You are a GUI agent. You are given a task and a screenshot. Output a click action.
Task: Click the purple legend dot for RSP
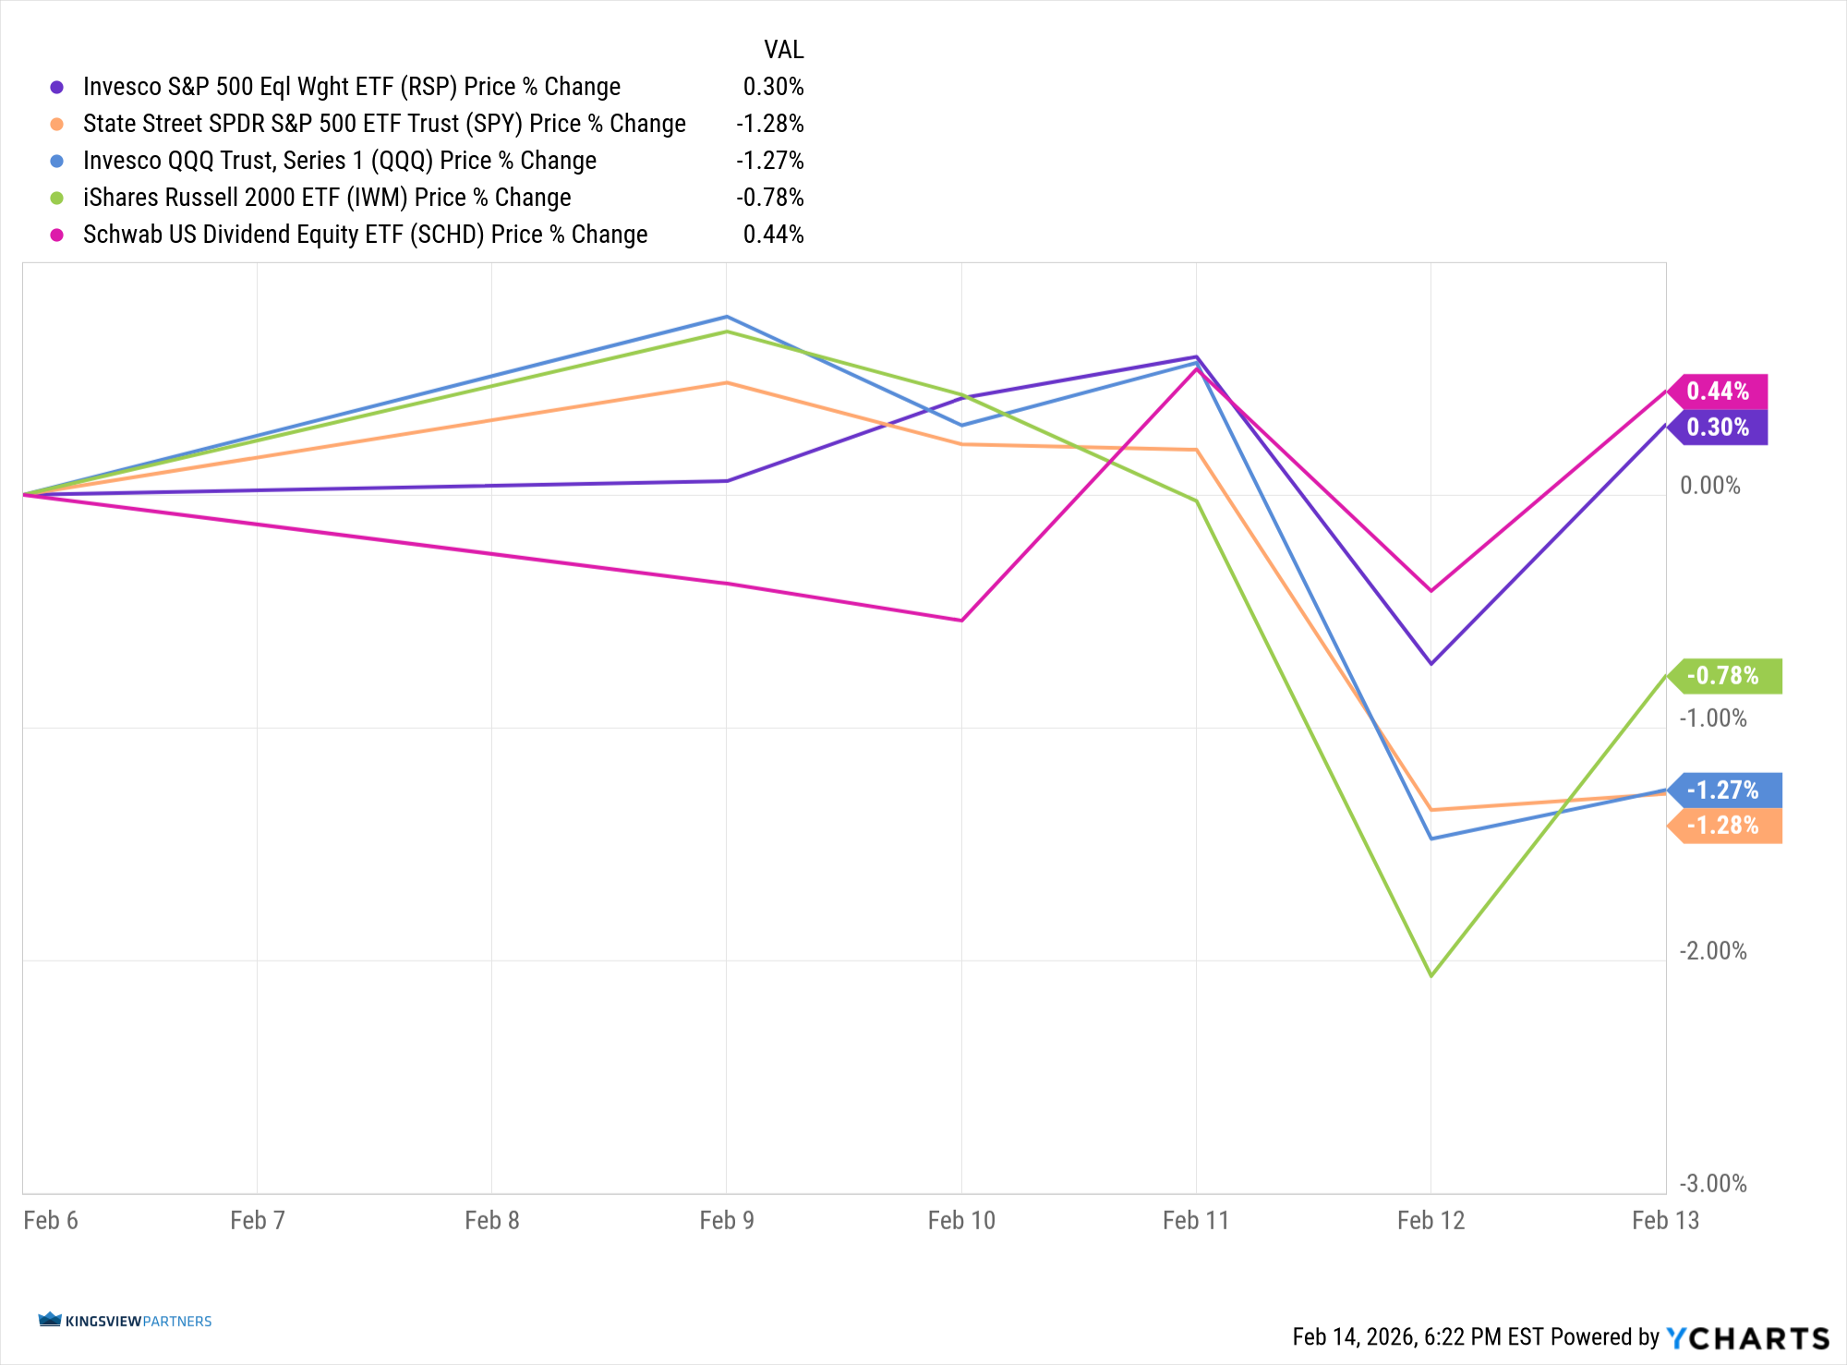tap(57, 87)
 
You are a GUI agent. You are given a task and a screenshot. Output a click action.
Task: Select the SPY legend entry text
tap(384, 124)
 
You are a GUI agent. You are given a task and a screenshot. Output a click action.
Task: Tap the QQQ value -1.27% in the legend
tap(769, 161)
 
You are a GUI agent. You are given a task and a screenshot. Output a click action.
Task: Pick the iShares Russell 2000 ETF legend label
tap(327, 198)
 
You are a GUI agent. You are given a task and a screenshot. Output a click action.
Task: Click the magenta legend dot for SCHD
tap(57, 235)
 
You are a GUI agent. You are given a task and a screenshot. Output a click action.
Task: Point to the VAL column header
tap(783, 50)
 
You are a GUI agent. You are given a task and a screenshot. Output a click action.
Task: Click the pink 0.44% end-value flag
tap(1719, 392)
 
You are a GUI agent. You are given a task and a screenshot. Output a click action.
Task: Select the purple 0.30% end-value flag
tap(1719, 428)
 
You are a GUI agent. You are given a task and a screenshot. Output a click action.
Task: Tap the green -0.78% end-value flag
tap(1724, 676)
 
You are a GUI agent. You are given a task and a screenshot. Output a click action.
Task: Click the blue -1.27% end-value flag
tap(1724, 791)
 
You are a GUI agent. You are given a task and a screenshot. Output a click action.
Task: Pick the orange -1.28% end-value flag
tap(1724, 826)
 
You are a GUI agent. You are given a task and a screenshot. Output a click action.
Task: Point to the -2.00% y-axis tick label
tap(1713, 951)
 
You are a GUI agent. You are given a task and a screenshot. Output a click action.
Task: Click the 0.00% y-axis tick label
tap(1710, 486)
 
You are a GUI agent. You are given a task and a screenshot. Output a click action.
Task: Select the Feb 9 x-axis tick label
tap(727, 1221)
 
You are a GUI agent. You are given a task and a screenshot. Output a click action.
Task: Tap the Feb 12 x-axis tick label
tap(1431, 1221)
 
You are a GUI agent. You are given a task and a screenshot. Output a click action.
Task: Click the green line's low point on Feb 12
tap(1431, 975)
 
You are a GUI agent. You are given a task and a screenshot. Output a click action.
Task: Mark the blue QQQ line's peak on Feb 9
tap(727, 317)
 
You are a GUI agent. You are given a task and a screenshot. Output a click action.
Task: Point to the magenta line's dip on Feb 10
tap(961, 620)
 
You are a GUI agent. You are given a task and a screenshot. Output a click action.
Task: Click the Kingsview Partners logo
tap(126, 1321)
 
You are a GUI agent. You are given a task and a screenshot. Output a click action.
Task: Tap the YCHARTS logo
tap(1748, 1337)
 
